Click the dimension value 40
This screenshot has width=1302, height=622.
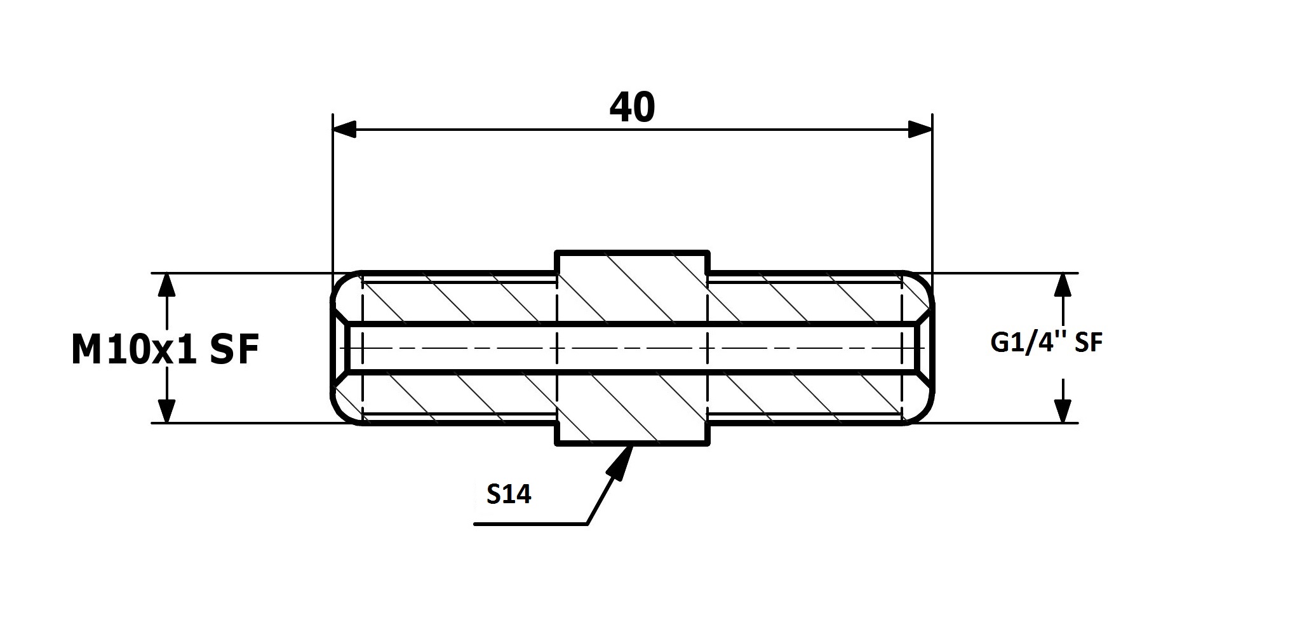[632, 108]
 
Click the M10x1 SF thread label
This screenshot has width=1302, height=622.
[165, 350]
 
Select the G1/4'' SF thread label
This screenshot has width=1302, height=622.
[1046, 343]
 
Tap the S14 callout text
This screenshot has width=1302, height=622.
[509, 494]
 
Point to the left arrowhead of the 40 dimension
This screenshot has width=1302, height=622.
[345, 130]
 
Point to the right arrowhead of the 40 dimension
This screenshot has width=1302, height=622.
[920, 130]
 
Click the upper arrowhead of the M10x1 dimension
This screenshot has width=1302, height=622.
[166, 285]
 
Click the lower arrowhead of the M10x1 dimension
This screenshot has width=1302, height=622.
[166, 410]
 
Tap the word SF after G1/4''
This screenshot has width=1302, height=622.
[1088, 343]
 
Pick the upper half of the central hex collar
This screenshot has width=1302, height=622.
[632, 287]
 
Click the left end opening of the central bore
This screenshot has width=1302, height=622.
[339, 348]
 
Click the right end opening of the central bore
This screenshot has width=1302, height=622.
[926, 348]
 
